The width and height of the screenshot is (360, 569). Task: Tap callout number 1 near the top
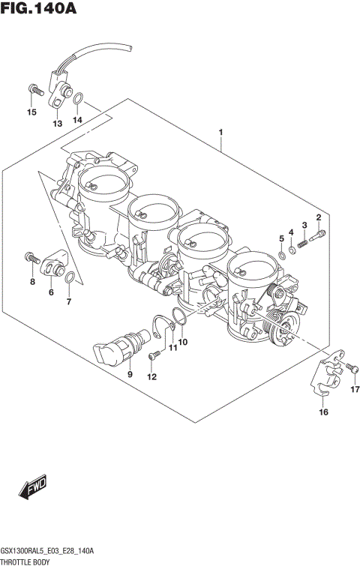[x=220, y=133]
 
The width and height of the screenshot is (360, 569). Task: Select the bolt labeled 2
[x=321, y=234]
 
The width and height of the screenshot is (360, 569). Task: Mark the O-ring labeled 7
[x=69, y=280]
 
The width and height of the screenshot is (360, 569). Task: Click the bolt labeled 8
[x=31, y=257]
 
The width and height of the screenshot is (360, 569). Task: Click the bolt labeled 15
[x=32, y=90]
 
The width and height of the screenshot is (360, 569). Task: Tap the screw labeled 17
[x=351, y=368]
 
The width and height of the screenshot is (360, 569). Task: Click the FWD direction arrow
[x=33, y=490]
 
